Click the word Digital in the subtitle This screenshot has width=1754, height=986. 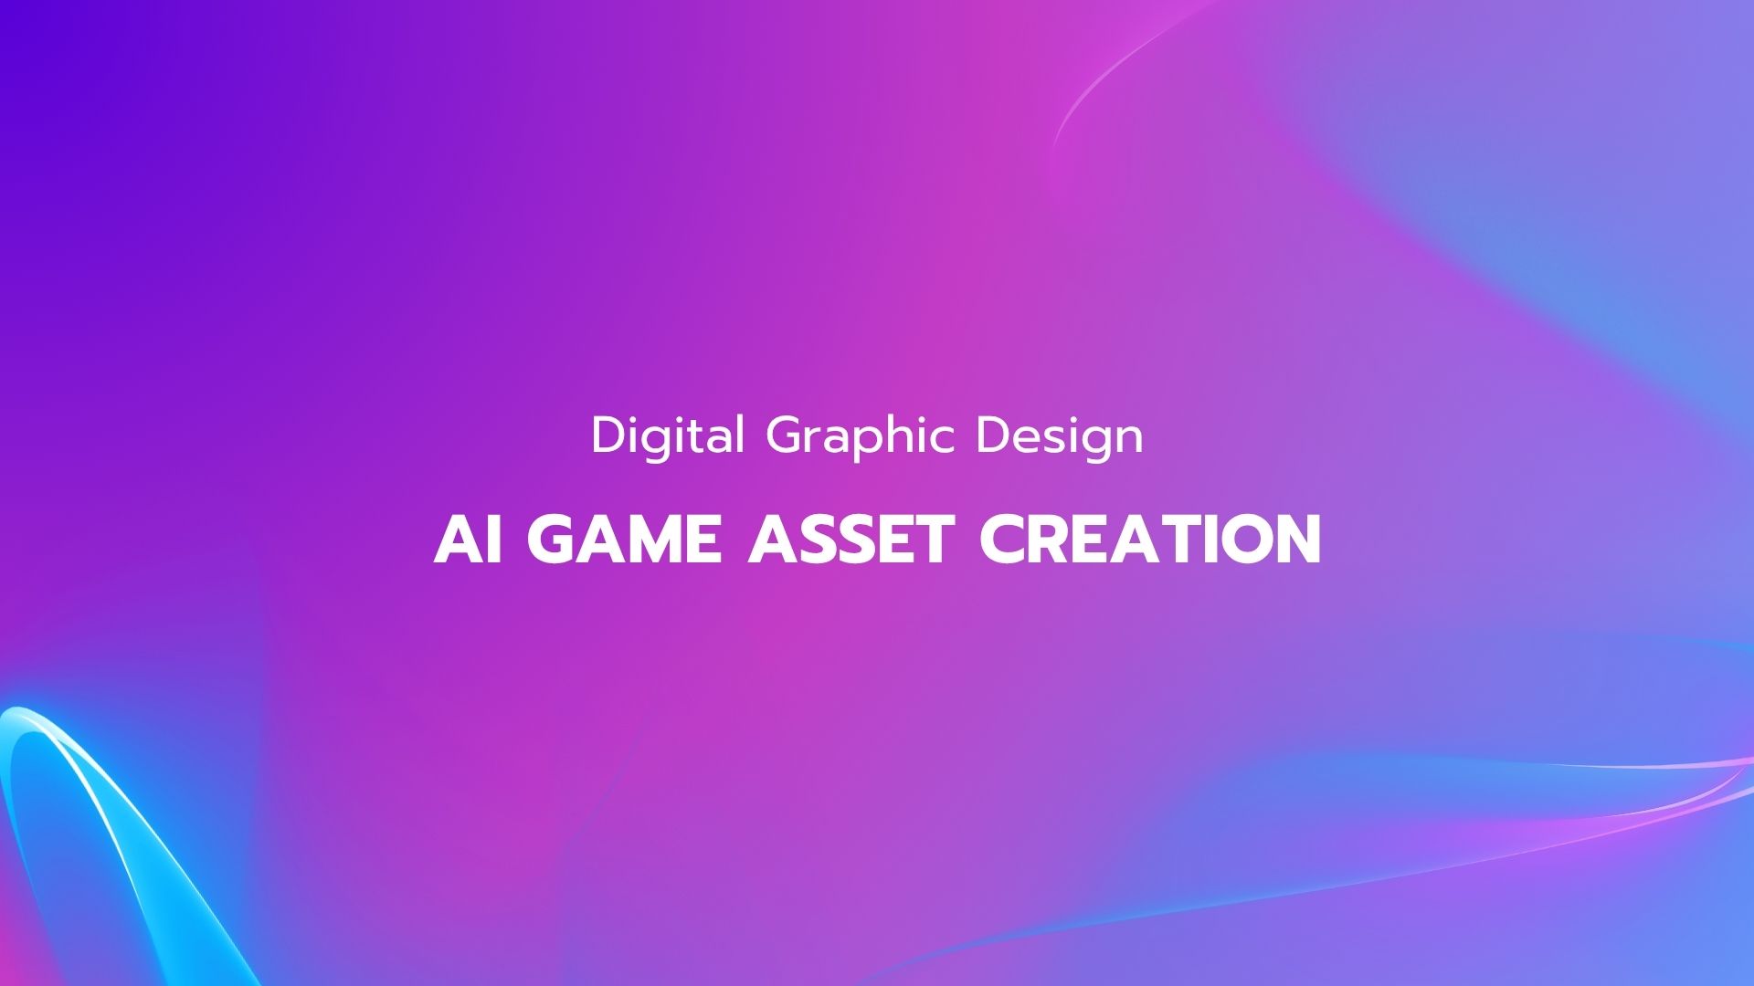[668, 436]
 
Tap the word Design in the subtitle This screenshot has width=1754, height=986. [1060, 436]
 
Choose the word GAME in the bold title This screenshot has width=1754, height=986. [624, 539]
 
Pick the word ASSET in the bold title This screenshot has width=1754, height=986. [851, 539]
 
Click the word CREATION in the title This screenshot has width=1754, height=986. [1151, 539]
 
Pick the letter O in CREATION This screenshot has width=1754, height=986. [1247, 539]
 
